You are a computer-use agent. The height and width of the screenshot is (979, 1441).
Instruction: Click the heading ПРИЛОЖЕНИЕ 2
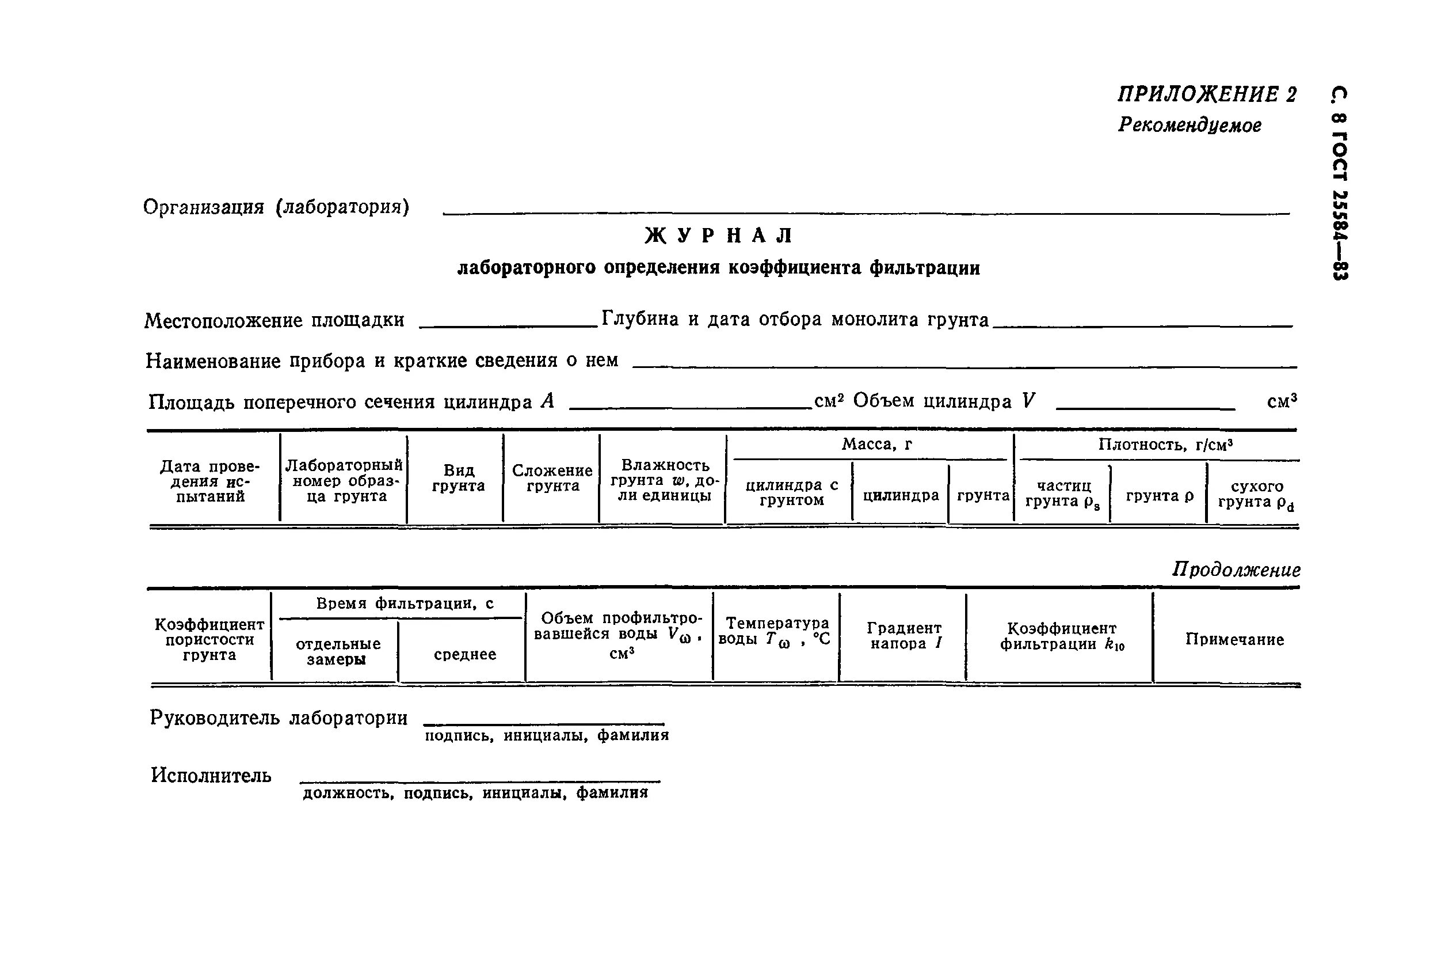coord(1207,94)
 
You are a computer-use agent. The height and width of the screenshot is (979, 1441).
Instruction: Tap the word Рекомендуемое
coord(1190,126)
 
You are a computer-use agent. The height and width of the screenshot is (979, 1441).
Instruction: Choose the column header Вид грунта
coord(458,479)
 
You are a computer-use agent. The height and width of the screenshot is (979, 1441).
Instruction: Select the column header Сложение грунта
coord(552,479)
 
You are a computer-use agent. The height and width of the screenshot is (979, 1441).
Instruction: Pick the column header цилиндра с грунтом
coord(791,492)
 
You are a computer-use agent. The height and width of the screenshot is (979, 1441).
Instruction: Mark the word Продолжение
coord(1236,570)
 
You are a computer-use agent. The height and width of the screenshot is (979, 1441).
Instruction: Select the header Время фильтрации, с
coord(405,604)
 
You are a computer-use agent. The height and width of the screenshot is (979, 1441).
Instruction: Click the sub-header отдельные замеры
coord(337,651)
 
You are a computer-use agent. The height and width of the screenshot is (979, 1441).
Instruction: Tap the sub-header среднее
coord(465,655)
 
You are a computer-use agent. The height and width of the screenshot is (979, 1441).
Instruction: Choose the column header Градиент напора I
coord(904,636)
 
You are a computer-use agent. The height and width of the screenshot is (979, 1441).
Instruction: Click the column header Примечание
coord(1234,640)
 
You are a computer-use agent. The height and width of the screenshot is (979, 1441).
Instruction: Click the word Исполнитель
coord(211,776)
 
